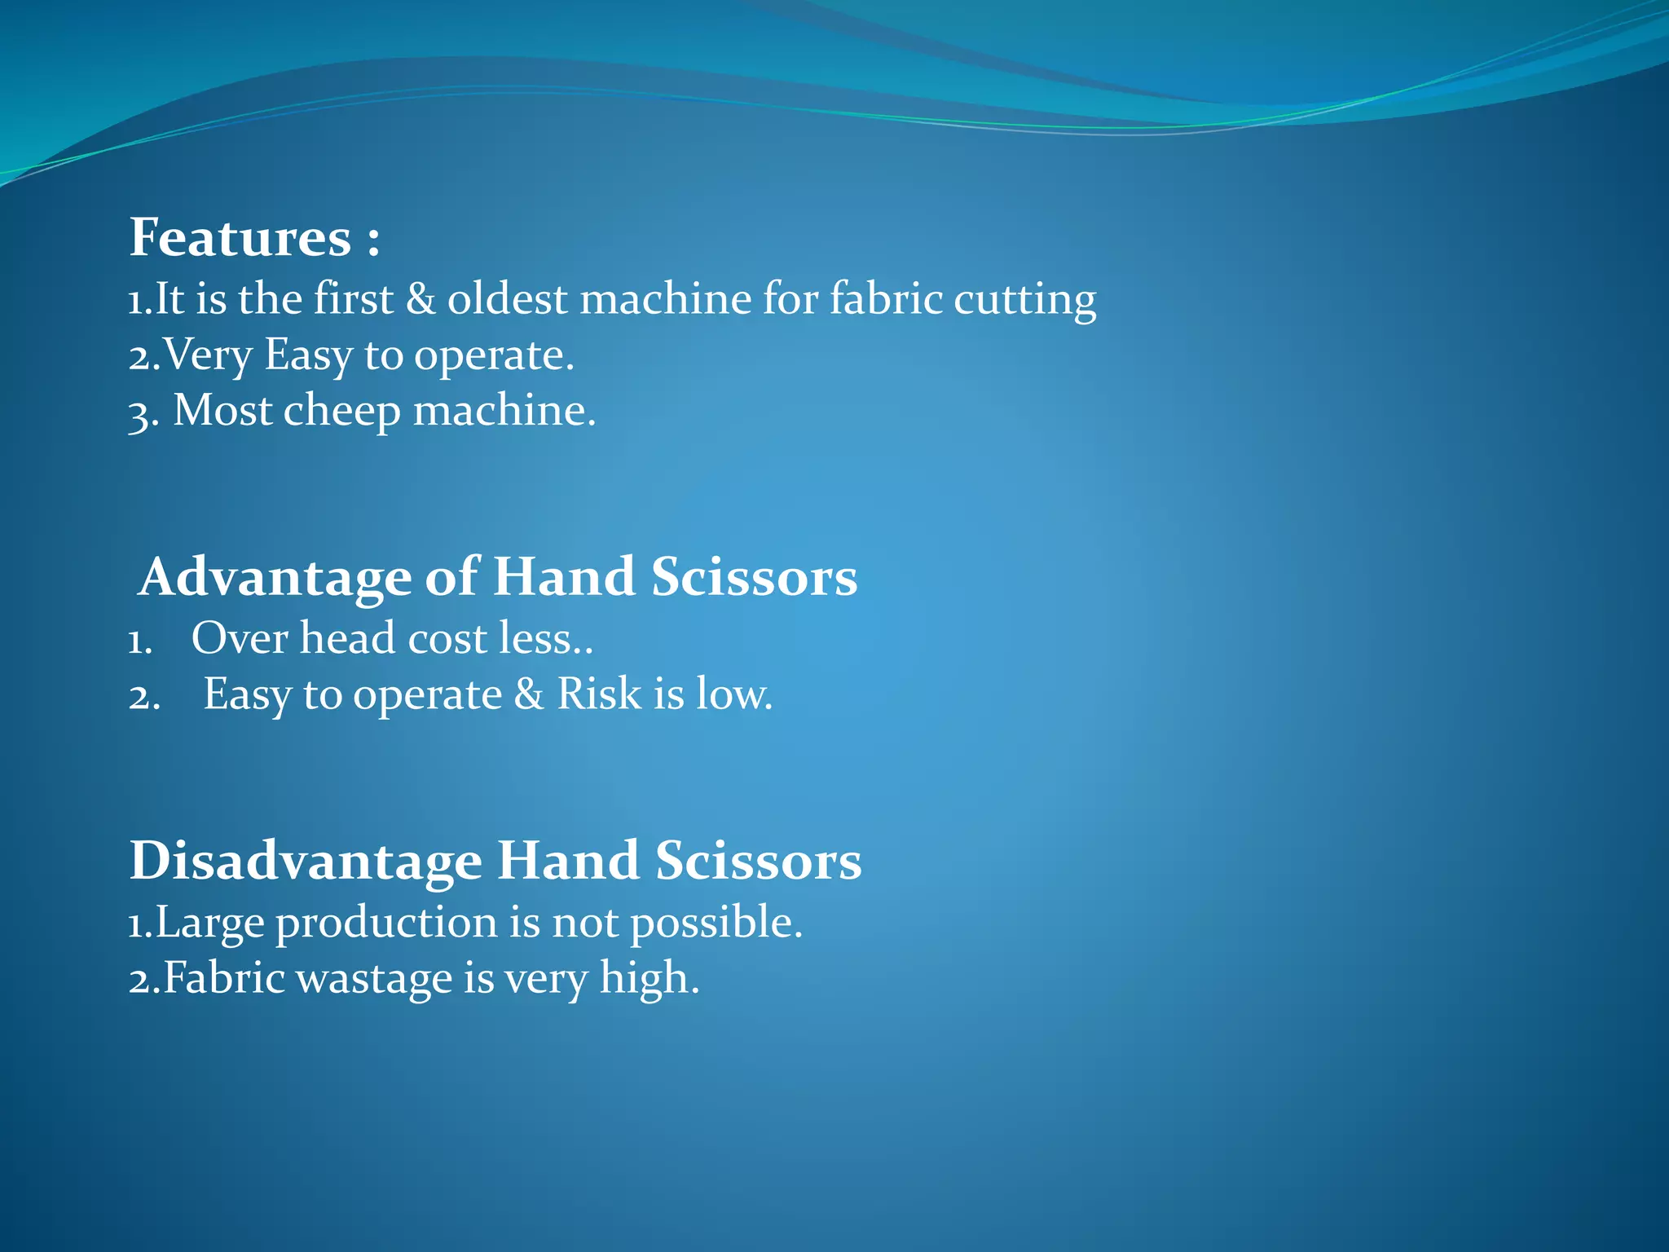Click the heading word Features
click(240, 238)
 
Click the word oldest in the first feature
click(507, 298)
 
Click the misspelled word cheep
click(342, 412)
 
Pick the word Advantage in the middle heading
click(275, 578)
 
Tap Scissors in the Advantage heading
click(754, 578)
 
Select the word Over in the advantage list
click(240, 638)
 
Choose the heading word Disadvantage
click(306, 862)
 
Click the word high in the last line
click(649, 979)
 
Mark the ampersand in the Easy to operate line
click(529, 694)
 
